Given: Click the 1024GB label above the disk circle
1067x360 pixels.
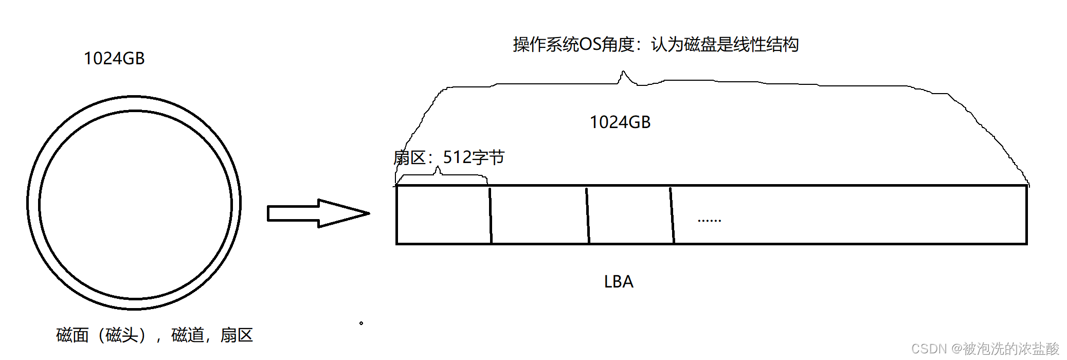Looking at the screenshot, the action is tap(114, 59).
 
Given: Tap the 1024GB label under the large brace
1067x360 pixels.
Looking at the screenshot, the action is tap(620, 122).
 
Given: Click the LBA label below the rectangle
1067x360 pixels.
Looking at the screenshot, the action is tap(618, 282).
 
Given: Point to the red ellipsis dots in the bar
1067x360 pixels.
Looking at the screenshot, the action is tap(709, 221).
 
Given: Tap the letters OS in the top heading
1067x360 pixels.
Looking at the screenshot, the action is tap(590, 45).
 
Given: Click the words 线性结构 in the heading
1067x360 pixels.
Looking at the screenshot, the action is tap(766, 45).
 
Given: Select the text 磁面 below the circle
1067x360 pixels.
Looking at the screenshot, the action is tap(73, 335).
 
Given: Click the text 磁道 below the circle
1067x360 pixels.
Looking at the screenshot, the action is tap(188, 335).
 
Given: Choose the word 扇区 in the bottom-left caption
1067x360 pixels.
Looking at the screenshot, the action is tap(237, 335).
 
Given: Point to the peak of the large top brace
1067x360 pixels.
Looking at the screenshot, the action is tap(623, 73).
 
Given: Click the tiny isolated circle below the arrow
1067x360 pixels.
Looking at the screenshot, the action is tap(361, 323).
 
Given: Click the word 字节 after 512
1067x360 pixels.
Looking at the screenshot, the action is tap(489, 157).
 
